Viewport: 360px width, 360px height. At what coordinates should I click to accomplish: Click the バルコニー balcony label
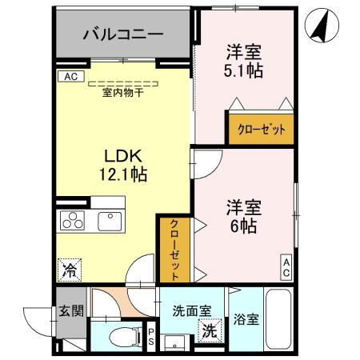tap(123, 36)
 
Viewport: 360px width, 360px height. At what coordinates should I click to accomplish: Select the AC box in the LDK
tap(70, 77)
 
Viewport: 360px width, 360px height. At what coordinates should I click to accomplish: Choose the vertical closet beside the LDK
tap(174, 249)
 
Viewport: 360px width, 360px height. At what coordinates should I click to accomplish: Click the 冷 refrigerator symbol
tap(70, 270)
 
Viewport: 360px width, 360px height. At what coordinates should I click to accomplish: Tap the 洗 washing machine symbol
tap(208, 330)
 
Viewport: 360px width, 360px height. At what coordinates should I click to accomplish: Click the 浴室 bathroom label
tap(246, 320)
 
